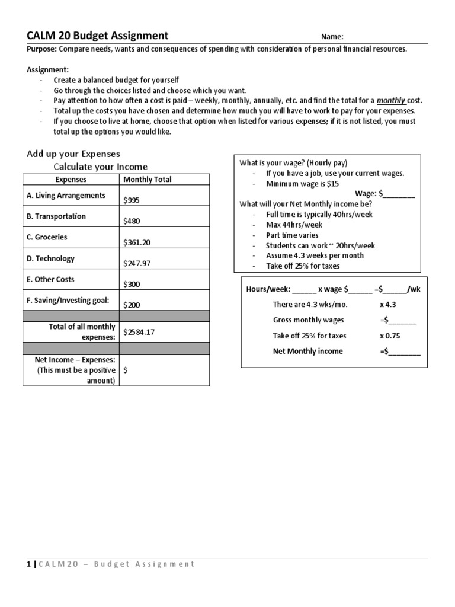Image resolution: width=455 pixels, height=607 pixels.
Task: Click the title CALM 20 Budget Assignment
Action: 98,36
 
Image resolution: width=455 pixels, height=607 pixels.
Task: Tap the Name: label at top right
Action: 332,37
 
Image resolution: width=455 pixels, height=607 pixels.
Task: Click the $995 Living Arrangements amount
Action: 132,200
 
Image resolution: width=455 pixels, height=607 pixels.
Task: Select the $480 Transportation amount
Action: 132,221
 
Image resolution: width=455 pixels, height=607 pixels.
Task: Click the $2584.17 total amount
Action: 139,332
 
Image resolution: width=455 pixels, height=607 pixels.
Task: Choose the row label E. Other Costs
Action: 50,279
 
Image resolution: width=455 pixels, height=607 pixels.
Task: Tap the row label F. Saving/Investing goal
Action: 68,300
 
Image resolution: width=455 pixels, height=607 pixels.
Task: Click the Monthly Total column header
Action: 147,180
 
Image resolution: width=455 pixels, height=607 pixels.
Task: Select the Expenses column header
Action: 71,180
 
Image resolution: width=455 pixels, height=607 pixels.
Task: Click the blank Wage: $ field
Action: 400,193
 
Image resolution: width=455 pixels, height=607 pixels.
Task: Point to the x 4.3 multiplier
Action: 389,304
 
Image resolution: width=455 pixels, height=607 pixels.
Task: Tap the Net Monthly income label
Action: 307,351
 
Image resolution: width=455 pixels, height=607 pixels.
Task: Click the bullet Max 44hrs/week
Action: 294,225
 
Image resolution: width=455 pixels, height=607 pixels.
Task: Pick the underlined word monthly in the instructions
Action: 390,101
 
